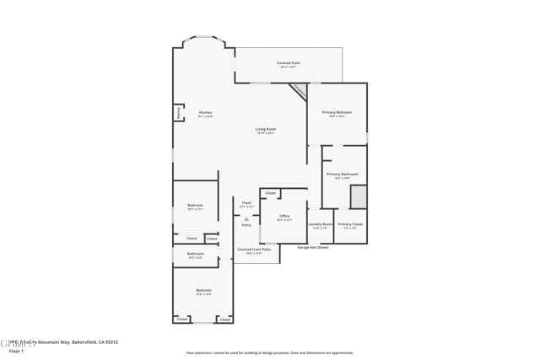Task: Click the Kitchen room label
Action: point(205,113)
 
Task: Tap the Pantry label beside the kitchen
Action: point(178,112)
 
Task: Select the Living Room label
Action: point(266,130)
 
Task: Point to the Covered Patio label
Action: point(289,64)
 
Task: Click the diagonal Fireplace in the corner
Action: point(298,91)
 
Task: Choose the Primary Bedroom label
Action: point(337,113)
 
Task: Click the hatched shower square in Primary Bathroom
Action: point(359,196)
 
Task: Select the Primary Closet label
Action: point(350,225)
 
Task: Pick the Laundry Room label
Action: point(321,225)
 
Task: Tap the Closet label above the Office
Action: point(270,193)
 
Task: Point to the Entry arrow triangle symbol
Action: point(246,218)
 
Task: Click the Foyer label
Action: point(246,203)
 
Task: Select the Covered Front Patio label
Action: point(253,250)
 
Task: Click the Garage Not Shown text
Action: point(313,247)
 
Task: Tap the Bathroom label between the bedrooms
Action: point(196,254)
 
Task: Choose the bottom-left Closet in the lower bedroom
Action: point(182,320)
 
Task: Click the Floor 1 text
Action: point(16,351)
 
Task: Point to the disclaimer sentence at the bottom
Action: point(270,352)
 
